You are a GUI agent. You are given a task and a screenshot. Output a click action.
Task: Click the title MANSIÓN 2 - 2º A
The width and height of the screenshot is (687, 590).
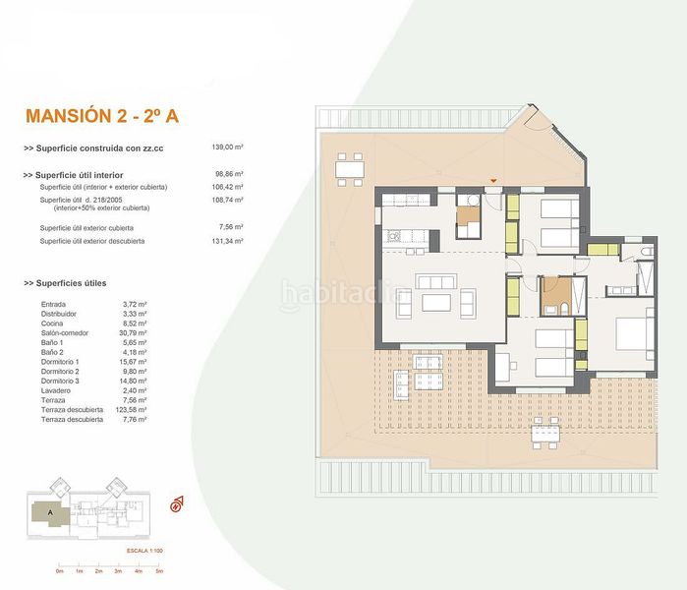[x=101, y=116]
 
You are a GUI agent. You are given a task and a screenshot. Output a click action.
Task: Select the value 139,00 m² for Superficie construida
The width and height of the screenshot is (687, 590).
[x=228, y=147]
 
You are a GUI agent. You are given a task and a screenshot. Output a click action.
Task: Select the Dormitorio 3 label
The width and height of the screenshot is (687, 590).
[x=63, y=383]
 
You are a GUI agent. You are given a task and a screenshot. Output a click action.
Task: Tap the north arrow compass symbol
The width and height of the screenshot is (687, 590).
[x=178, y=504]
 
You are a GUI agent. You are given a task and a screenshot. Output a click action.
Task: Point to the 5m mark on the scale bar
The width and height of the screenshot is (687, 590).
[x=159, y=571]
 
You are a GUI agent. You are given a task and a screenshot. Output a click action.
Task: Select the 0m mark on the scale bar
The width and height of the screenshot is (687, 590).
[x=59, y=571]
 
